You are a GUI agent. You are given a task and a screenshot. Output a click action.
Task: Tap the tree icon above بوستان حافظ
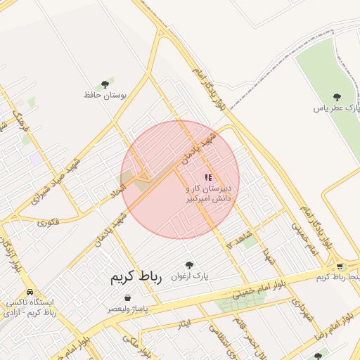point(105,84)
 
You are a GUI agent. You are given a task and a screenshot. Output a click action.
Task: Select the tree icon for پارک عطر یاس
point(336,97)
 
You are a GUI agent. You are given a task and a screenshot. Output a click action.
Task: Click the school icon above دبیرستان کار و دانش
point(207,178)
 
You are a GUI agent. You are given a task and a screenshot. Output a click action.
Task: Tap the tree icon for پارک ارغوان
point(189,265)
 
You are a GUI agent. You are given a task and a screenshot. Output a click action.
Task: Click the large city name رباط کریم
point(136,278)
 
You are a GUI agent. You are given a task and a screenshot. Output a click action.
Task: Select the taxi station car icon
point(29,292)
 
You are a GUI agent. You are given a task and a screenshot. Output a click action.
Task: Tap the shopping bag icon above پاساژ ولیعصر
point(127,297)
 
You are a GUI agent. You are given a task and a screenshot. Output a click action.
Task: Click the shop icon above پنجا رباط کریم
point(340,267)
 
